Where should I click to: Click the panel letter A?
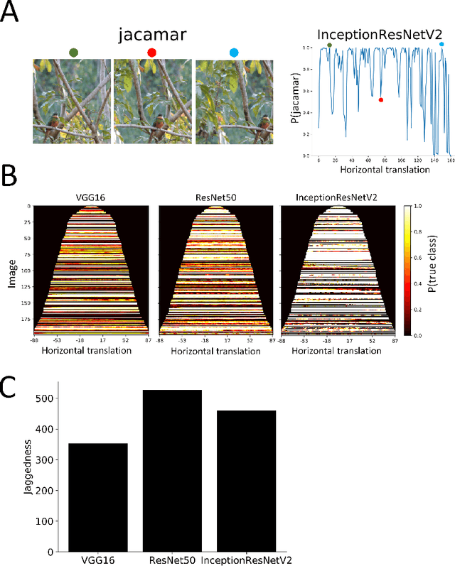[x=11, y=12]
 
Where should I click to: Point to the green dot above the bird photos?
[x=73, y=53]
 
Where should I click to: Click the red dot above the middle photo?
[x=151, y=53]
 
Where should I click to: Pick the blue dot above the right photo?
[x=235, y=53]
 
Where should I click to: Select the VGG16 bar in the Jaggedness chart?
[x=97, y=497]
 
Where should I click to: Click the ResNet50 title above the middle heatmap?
[x=215, y=197]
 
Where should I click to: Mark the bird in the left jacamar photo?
[x=52, y=128]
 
